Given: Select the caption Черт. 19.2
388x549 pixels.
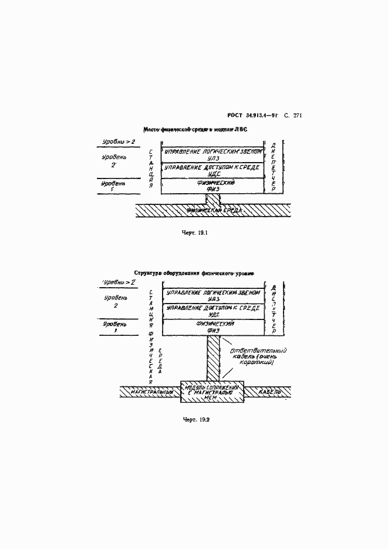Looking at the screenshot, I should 196,420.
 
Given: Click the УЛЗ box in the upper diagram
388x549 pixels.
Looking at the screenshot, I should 212,154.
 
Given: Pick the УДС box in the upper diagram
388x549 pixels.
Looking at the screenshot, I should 212,170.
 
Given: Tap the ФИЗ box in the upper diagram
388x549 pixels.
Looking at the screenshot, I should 212,186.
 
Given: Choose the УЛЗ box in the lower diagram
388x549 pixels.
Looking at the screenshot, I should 212,295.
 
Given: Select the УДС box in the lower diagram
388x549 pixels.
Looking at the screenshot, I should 212,311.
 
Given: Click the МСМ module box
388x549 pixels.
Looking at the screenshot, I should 212,393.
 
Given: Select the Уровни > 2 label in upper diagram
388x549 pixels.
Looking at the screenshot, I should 119,142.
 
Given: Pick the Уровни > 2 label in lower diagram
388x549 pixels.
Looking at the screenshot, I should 119,282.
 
